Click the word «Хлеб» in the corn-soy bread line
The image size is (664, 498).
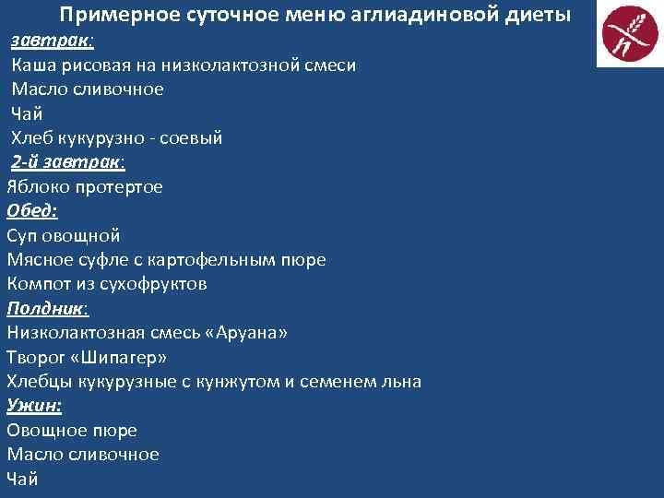tap(32, 138)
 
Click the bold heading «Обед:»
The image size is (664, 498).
tap(32, 211)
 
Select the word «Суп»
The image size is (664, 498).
tap(24, 235)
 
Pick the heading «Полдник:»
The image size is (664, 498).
tap(49, 308)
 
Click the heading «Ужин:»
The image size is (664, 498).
tap(34, 405)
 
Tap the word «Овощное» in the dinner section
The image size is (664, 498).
tap(46, 430)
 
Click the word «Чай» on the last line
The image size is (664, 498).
tap(22, 478)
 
